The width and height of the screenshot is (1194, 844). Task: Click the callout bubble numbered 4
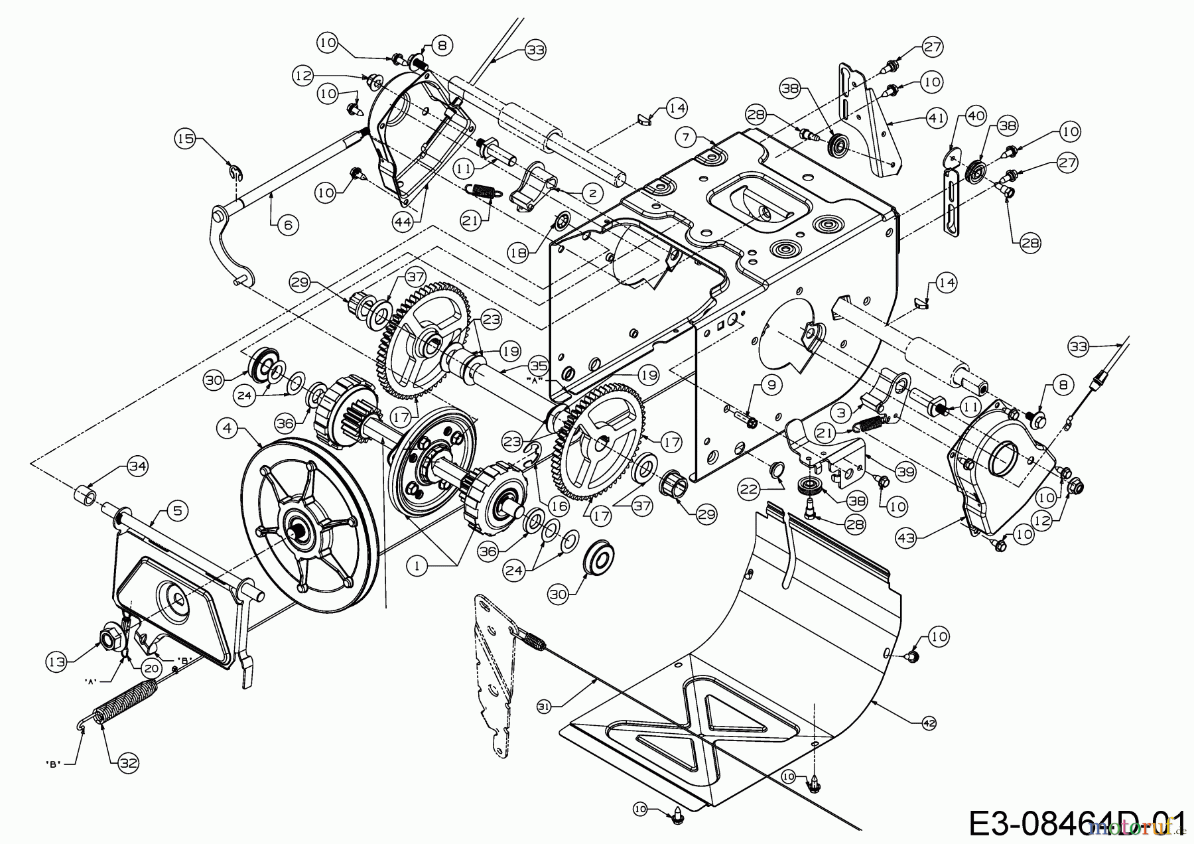pyautogui.click(x=228, y=429)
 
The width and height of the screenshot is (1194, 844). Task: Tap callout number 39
pyautogui.click(x=905, y=471)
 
